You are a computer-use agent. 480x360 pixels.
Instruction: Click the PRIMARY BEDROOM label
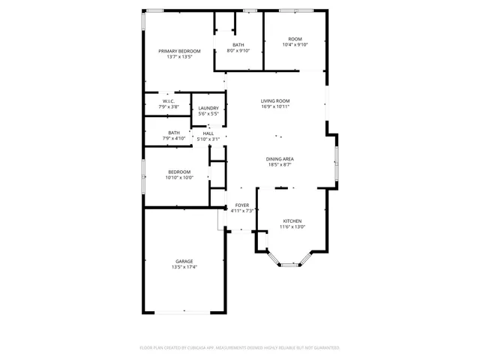[x=179, y=51]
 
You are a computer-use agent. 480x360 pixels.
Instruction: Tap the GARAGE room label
[x=184, y=261]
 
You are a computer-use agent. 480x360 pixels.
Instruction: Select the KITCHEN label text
[x=292, y=221]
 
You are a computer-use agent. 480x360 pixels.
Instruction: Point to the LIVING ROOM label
[x=275, y=100]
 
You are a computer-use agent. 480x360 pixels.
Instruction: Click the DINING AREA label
[x=279, y=159]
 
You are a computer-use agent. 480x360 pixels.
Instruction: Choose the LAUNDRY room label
[x=208, y=108]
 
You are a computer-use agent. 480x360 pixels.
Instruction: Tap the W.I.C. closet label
[x=169, y=101]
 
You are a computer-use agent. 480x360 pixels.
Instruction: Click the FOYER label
[x=241, y=205]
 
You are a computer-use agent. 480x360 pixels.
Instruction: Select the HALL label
[x=208, y=133]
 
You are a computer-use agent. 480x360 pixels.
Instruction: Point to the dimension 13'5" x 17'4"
[x=184, y=267]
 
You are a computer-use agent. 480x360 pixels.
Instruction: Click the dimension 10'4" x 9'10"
[x=295, y=44]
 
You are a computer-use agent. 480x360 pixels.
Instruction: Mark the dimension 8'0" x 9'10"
[x=238, y=51]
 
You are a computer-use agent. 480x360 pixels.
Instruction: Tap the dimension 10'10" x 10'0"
[x=179, y=178]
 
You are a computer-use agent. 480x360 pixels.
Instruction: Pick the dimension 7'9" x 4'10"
[x=174, y=139]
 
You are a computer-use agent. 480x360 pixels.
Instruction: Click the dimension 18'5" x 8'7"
[x=279, y=165]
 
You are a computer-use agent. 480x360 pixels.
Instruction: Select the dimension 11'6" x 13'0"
[x=292, y=227]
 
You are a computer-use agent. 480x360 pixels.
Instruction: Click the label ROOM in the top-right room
[x=295, y=38]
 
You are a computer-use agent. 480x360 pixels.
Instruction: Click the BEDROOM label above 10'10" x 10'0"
[x=179, y=172]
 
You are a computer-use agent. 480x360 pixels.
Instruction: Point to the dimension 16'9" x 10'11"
[x=275, y=106]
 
